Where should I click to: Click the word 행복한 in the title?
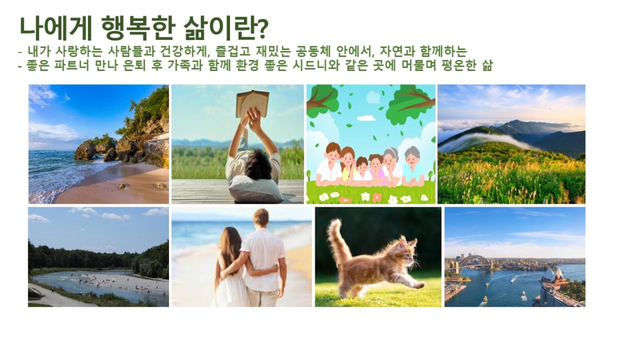point(138,28)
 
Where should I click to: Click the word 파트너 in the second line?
point(72,65)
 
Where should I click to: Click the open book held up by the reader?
point(252,104)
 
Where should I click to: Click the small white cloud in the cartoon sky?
point(366,118)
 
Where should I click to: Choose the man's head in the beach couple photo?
point(261,218)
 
